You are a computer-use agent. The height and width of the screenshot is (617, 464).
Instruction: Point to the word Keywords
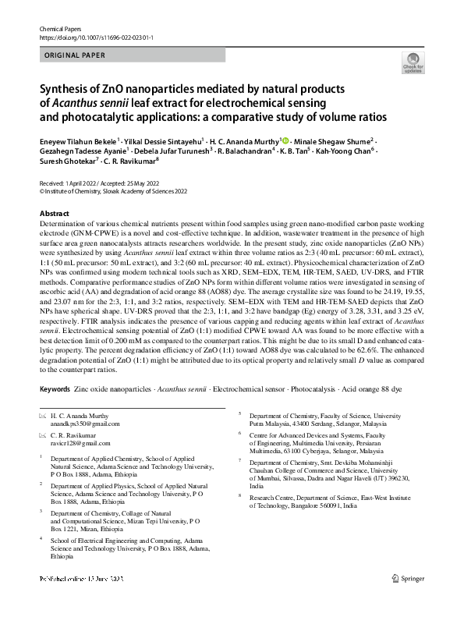tap(55, 388)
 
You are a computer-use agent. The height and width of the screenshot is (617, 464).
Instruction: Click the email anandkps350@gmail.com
tap(84, 425)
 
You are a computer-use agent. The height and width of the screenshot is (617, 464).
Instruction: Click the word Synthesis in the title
tap(67, 89)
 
